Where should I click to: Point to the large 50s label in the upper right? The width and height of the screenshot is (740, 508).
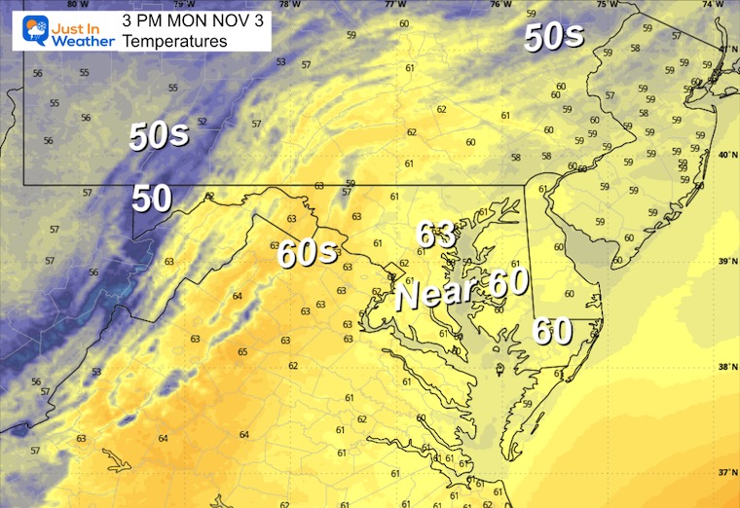tap(553, 37)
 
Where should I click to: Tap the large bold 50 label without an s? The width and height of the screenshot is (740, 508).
tap(152, 199)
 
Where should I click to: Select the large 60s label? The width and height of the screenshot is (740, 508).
tap(308, 253)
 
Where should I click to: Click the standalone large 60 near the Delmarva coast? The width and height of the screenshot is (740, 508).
tap(552, 332)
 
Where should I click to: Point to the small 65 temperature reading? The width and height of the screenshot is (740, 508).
tap(242, 352)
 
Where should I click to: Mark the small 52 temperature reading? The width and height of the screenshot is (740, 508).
tap(203, 122)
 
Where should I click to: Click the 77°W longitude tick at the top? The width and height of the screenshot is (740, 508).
tap(394, 5)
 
